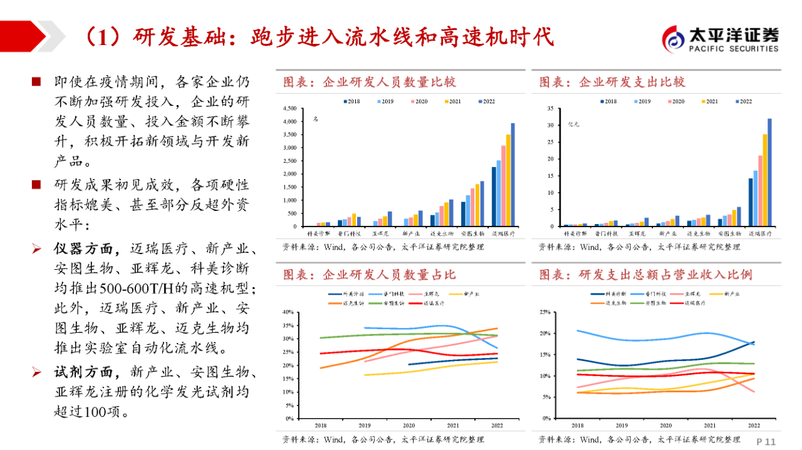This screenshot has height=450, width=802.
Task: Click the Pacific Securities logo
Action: [x=721, y=39]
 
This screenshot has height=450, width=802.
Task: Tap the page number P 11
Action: [x=766, y=441]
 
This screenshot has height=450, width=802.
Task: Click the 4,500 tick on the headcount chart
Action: [x=289, y=108]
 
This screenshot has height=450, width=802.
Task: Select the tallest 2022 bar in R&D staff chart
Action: [x=513, y=174]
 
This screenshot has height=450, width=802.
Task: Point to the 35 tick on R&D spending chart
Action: [x=549, y=108]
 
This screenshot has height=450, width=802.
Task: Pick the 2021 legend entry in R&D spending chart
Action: [x=709, y=101]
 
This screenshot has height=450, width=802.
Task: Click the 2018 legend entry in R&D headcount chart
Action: [x=352, y=101]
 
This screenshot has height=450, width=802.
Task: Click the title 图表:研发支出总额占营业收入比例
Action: [x=645, y=275]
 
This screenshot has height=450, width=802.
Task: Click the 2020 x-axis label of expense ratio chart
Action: [x=665, y=425]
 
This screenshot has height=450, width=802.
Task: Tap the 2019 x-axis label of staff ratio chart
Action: [x=365, y=425]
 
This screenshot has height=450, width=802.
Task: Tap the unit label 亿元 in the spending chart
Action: [x=573, y=125]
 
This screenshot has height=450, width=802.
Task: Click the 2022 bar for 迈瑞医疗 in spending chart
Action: [x=769, y=172]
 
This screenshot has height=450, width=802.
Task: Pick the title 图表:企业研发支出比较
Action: [x=612, y=82]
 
